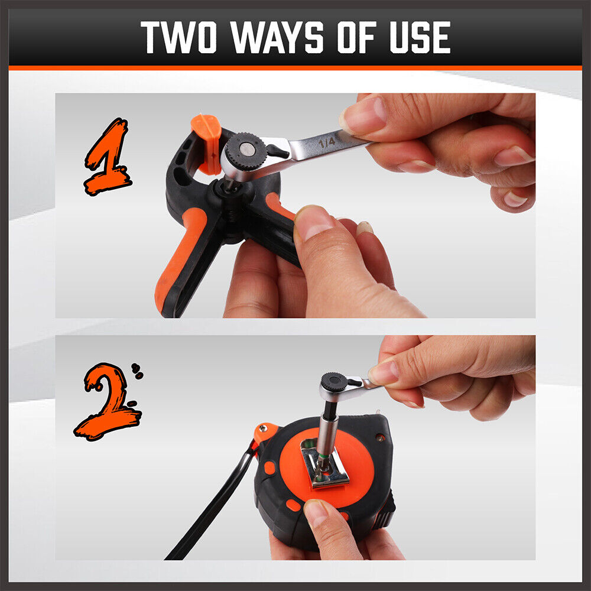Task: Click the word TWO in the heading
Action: pos(179,37)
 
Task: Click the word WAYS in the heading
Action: pos(277,37)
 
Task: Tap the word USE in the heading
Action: pos(420,37)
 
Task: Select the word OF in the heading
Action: pos(357,37)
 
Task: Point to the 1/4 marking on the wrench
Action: pos(326,142)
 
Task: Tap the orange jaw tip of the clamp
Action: pos(207,144)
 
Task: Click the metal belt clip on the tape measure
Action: pos(324,464)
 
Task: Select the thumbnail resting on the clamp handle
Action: pos(315,222)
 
